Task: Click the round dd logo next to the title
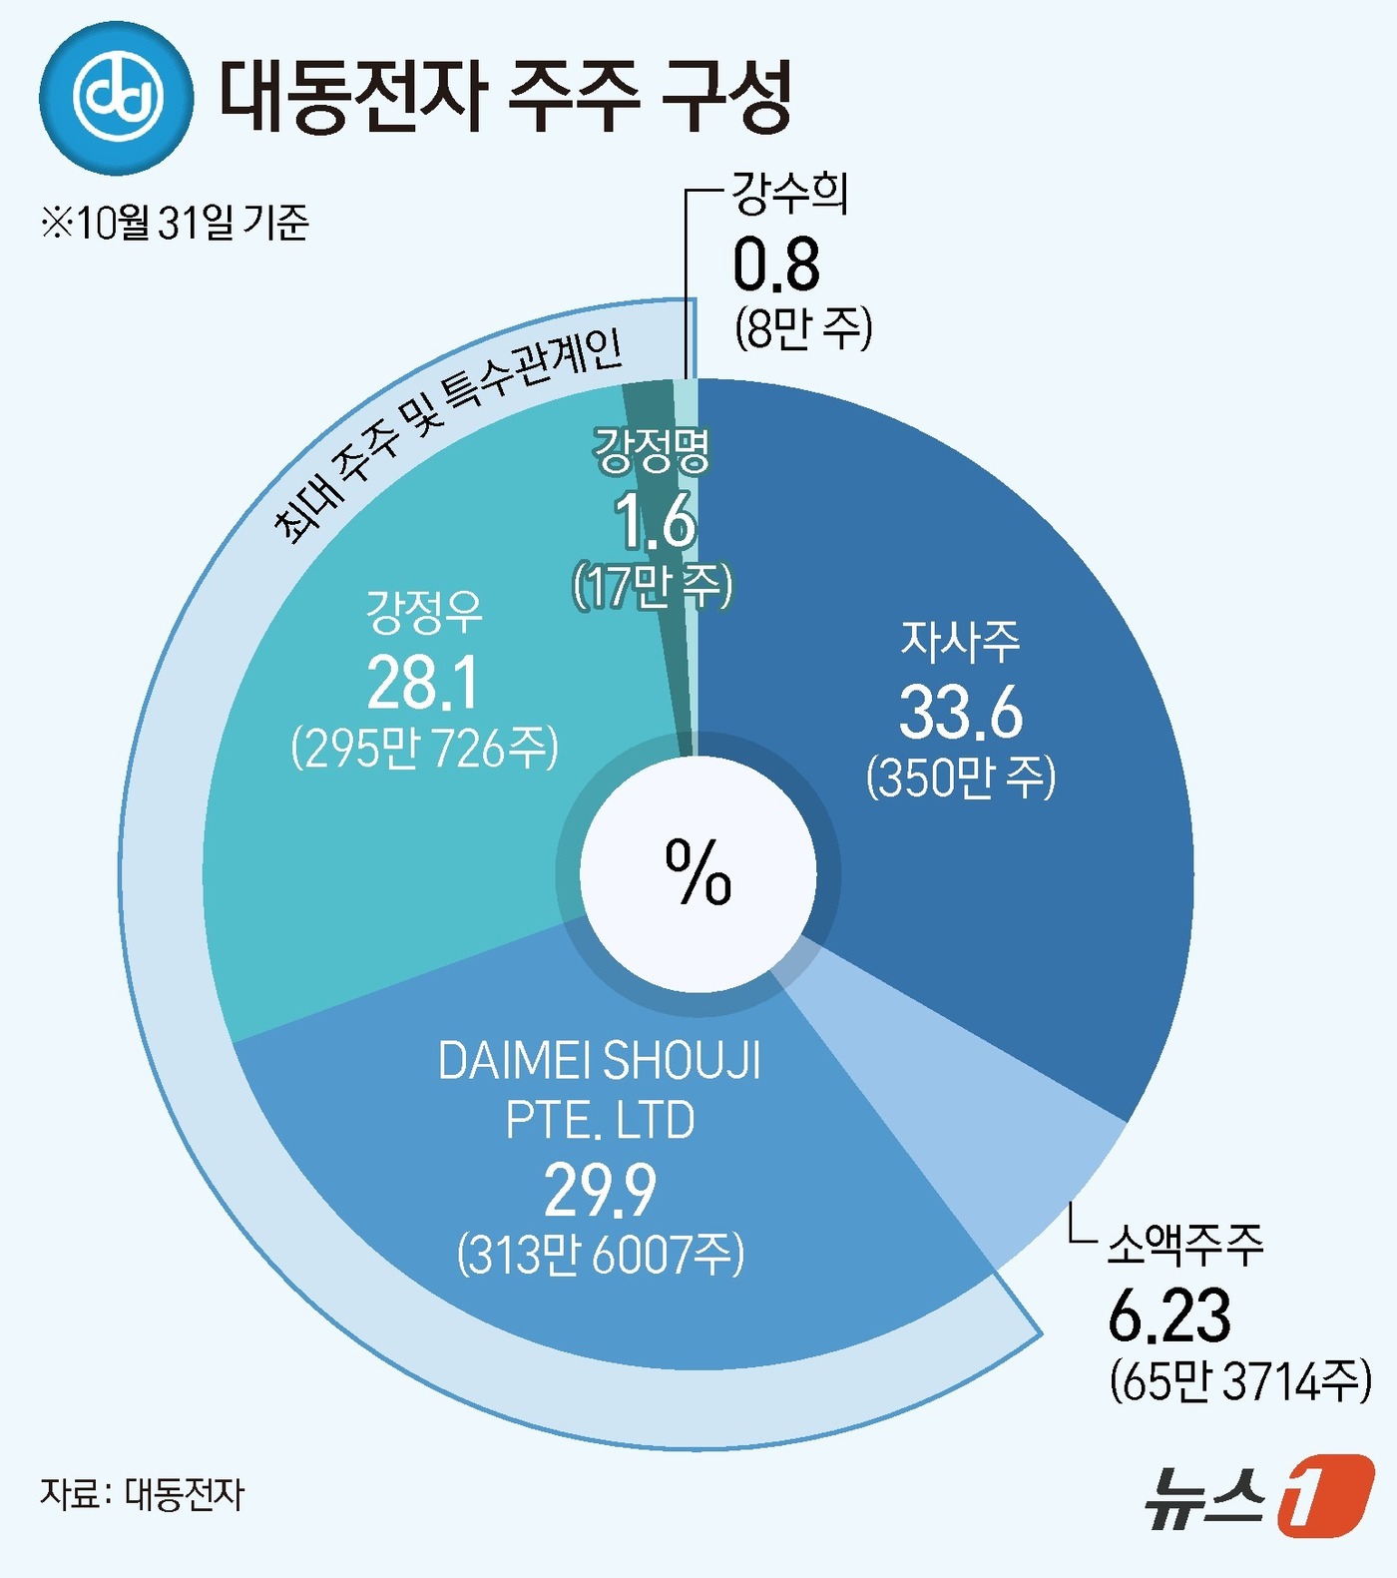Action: point(117,98)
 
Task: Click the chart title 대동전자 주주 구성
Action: point(505,97)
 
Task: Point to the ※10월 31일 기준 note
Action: point(175,222)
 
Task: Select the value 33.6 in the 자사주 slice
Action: point(961,713)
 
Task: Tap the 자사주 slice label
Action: point(960,642)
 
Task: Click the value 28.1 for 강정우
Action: point(424,684)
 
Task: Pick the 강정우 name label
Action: point(424,612)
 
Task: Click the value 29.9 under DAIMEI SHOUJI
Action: point(600,1190)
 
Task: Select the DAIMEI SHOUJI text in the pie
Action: point(600,1061)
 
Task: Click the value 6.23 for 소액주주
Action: point(1169,1315)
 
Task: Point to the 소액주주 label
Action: point(1185,1245)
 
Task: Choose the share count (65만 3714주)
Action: point(1240,1381)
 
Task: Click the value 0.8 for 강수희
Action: point(776,264)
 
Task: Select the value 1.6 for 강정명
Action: point(655,521)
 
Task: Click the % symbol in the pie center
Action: point(698,872)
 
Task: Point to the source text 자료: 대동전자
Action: point(142,1494)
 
